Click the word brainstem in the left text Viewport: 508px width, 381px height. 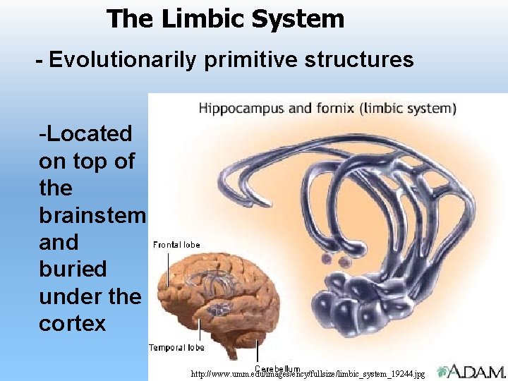point(92,215)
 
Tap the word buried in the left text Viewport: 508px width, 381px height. point(73,269)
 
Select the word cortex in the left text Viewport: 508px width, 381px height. point(72,323)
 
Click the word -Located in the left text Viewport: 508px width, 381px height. point(85,133)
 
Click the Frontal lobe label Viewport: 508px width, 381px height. point(176,245)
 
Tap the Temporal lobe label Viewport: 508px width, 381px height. point(176,347)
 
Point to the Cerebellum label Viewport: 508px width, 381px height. point(277,368)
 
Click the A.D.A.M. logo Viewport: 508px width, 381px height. point(471,372)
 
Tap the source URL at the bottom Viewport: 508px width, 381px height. point(308,374)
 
